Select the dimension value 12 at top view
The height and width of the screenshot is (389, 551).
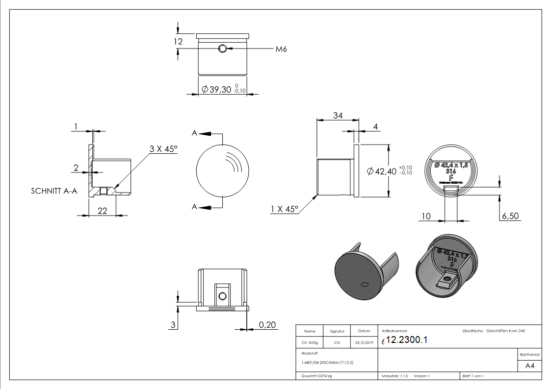pos(178,42)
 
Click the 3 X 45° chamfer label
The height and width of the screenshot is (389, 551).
pos(163,149)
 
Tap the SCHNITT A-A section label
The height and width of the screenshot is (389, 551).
pos(54,192)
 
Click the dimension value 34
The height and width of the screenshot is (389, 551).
pos(338,116)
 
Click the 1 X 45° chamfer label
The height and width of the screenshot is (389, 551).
pos(284,209)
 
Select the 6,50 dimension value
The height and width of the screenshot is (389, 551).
pos(509,216)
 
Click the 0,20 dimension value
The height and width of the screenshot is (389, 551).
pos(267,325)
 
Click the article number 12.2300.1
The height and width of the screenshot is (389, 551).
pos(407,340)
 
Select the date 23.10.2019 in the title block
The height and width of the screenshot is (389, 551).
pos(364,343)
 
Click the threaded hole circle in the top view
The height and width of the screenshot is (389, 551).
pos(223,49)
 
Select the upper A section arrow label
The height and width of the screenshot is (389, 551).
pos(195,133)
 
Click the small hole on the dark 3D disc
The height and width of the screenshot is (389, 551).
pos(364,284)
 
